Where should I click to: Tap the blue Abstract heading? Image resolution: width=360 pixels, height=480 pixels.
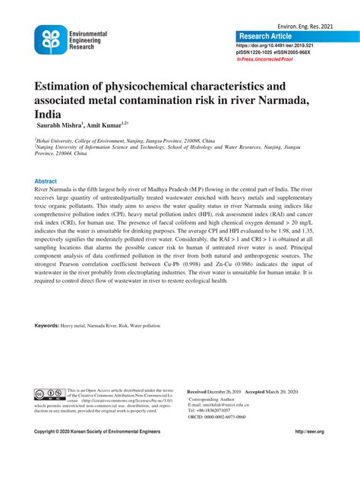point(46,182)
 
